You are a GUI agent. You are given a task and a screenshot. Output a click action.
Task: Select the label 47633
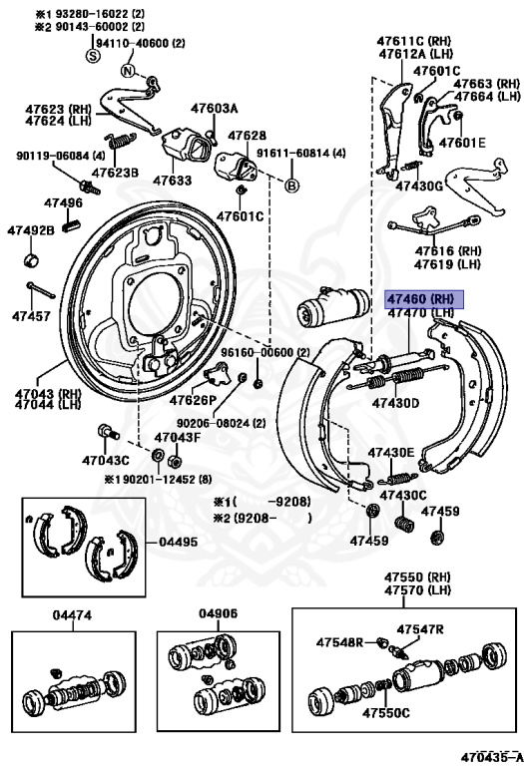tap(172, 181)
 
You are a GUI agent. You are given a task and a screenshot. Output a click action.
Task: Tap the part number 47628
tap(247, 135)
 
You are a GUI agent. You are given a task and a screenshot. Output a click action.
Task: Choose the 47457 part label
tap(31, 315)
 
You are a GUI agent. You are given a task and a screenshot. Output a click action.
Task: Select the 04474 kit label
tap(73, 615)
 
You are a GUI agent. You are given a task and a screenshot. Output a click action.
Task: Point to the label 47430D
tap(395, 403)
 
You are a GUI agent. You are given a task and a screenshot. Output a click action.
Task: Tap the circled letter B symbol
tap(292, 186)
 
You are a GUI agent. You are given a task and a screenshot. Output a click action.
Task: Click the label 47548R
tap(339, 641)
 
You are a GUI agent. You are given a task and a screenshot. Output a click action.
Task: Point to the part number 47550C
tap(385, 714)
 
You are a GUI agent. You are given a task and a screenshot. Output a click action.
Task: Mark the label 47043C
tap(106, 460)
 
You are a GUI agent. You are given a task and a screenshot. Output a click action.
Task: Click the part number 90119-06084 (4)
tap(60, 156)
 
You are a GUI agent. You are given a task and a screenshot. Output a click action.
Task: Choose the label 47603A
tap(215, 108)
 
